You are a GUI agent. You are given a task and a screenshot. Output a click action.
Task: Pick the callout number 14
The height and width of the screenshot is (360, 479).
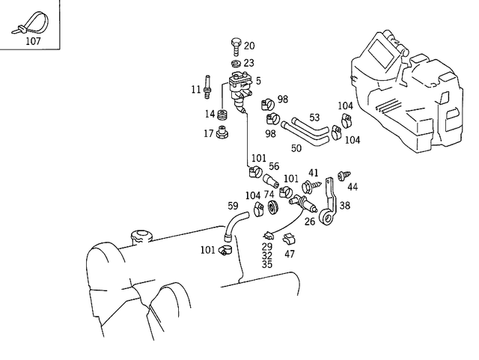pos(210,114)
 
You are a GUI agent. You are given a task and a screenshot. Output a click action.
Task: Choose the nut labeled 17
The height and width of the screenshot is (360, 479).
pos(222,134)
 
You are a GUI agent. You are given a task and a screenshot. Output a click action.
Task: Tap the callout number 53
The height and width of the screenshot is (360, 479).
pos(314,117)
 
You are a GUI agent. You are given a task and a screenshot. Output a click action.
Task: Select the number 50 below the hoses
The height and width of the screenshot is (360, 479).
pos(296,148)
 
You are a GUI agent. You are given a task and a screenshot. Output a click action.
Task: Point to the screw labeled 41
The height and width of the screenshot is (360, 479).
pos(308,183)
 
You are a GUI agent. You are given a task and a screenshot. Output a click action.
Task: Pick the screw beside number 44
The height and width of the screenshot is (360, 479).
pos(344,176)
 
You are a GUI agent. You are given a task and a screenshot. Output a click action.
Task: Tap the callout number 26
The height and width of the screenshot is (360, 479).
pos(309,221)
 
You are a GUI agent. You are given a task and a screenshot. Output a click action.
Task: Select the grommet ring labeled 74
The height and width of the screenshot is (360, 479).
pos(273,208)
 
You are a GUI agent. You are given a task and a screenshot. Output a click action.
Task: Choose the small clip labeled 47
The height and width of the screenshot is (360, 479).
pos(290,239)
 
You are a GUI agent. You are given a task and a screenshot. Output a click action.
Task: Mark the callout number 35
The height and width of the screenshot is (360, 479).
pos(267,264)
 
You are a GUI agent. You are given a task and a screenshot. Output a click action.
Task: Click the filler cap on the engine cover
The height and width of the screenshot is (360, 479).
pos(141,237)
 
